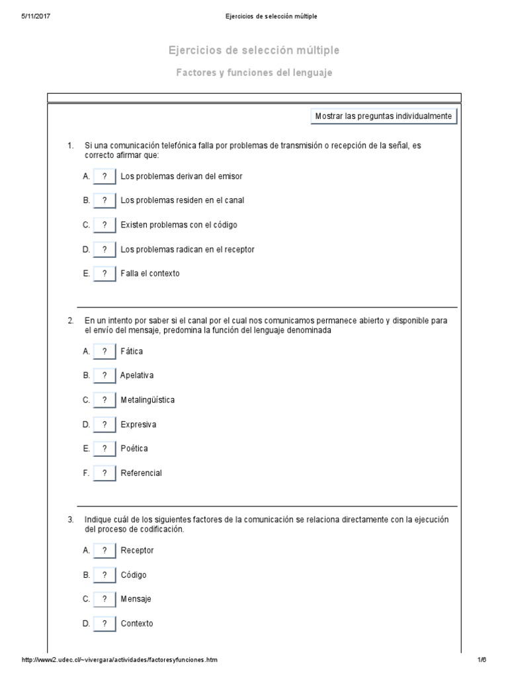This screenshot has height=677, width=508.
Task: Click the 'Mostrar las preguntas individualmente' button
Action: point(384,116)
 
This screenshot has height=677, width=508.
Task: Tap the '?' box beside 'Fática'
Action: point(105,351)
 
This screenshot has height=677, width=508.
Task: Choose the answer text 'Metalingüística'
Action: point(148,400)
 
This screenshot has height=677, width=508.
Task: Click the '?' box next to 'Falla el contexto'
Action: point(105,273)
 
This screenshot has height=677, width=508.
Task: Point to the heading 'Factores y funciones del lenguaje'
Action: point(254,73)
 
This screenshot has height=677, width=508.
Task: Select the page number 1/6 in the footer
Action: point(482,660)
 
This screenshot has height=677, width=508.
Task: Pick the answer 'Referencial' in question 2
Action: point(141,473)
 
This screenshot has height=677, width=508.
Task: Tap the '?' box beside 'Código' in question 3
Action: point(105,575)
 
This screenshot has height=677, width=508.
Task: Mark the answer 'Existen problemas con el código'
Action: point(179,225)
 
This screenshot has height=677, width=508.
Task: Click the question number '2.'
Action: point(70,321)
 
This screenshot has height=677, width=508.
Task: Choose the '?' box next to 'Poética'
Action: point(105,448)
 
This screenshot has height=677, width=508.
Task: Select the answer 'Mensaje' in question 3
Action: point(136,599)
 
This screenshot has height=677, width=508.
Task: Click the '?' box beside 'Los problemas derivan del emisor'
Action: point(105,177)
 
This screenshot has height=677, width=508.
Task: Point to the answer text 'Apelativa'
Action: point(137,376)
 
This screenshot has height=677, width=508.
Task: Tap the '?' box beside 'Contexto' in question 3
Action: point(105,623)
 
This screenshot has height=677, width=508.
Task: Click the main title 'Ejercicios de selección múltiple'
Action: point(254,51)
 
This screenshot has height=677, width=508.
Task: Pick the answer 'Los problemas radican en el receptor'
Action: point(187,249)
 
